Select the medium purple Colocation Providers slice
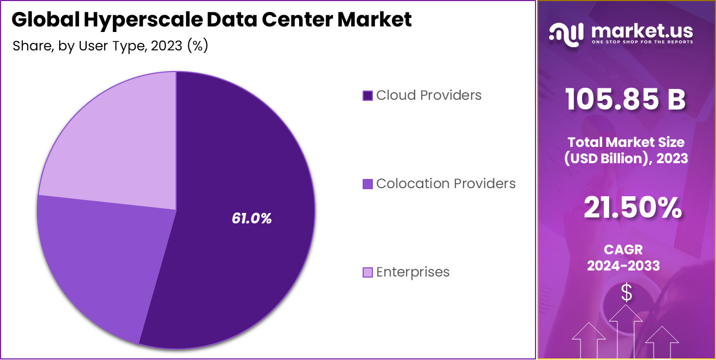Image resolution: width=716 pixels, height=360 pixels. click(98, 260)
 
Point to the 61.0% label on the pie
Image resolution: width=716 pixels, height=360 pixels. click(251, 218)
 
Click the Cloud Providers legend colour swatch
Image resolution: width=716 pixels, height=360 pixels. click(367, 96)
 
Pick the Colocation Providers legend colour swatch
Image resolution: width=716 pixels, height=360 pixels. click(367, 184)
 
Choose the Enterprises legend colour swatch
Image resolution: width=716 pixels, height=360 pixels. click(367, 272)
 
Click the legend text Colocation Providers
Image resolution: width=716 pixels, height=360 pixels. click(446, 184)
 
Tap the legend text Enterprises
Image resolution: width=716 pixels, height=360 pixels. click(412, 272)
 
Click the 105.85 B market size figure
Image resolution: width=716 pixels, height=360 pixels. click(626, 100)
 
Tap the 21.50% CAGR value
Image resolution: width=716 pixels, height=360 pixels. click(633, 209)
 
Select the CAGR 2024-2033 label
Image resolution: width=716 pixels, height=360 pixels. click(623, 258)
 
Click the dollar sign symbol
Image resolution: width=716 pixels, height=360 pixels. click(627, 293)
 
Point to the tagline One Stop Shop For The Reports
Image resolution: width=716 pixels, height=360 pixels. click(642, 42)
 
